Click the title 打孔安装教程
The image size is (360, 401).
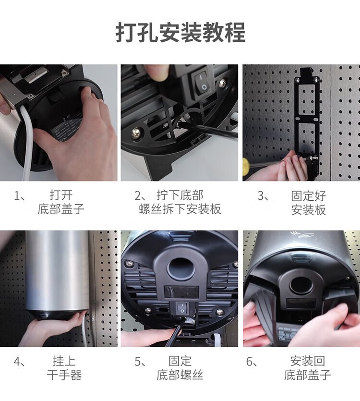click(180, 33)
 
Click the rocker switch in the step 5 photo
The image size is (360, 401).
click(182, 308)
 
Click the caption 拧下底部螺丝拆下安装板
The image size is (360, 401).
click(180, 202)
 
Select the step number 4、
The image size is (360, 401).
click(20, 362)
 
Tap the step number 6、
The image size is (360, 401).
click(252, 362)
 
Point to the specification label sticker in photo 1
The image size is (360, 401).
click(67, 128)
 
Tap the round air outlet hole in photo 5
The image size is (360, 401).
click(180, 269)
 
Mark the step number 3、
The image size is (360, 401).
click(264, 196)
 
